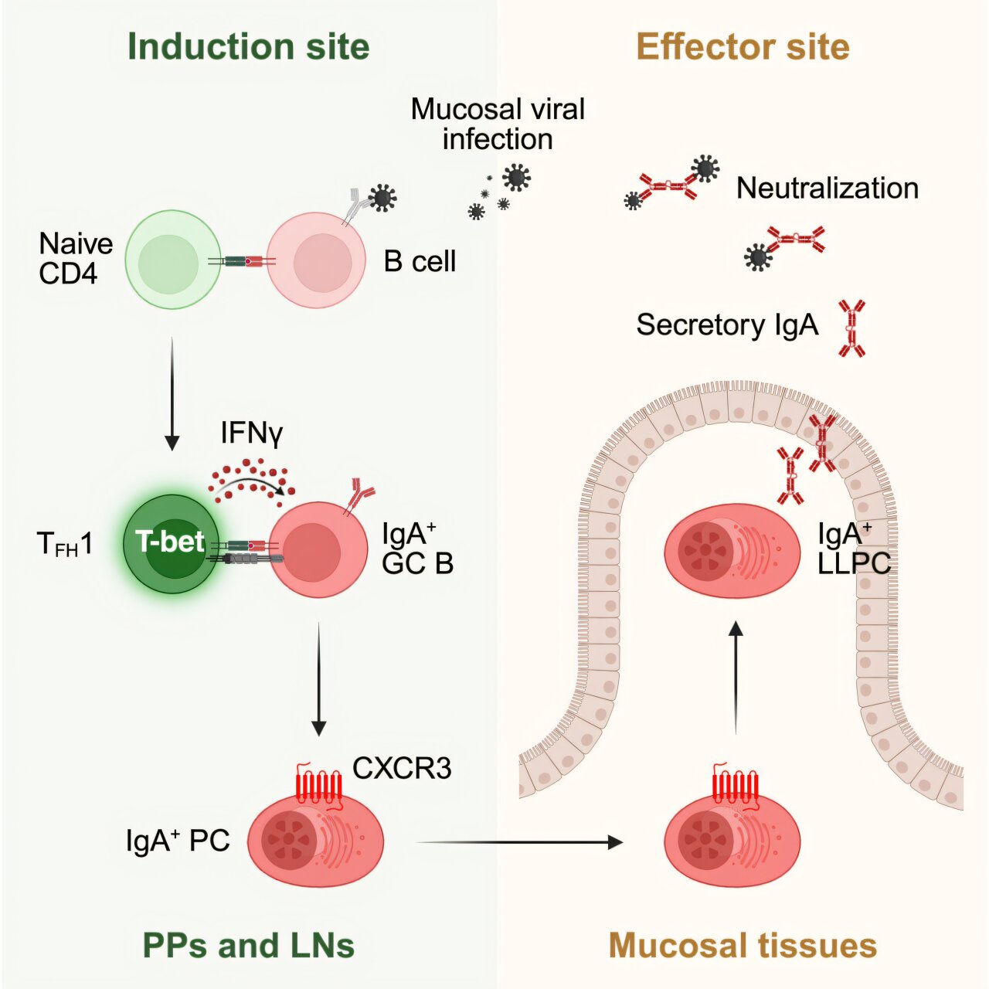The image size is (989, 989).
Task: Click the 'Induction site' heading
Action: click(x=248, y=46)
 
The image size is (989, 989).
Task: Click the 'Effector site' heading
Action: click(x=742, y=46)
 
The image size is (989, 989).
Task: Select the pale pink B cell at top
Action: click(x=317, y=261)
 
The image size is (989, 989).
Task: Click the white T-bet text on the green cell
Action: click(x=170, y=542)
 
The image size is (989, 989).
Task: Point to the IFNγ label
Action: click(x=252, y=433)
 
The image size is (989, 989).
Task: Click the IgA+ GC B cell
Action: click(x=318, y=549)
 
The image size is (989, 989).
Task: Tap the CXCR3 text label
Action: click(x=402, y=768)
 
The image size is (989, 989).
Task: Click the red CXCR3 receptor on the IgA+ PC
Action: click(x=318, y=785)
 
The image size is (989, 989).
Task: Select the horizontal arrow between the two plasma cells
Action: click(x=518, y=842)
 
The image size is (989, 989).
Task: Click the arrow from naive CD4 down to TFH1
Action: click(x=172, y=394)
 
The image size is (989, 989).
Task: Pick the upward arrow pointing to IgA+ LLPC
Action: click(x=736, y=676)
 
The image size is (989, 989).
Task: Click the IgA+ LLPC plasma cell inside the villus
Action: click(x=732, y=551)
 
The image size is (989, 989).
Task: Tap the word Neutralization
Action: click(x=827, y=188)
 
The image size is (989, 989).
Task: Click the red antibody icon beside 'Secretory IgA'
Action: click(x=851, y=328)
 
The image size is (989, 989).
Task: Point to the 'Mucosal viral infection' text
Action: click(x=498, y=124)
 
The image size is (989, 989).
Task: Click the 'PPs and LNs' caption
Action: click(x=248, y=945)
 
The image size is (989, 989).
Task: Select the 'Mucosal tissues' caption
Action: click(x=742, y=945)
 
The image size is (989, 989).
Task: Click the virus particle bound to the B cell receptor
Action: click(x=382, y=198)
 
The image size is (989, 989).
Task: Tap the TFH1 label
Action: click(x=65, y=545)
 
